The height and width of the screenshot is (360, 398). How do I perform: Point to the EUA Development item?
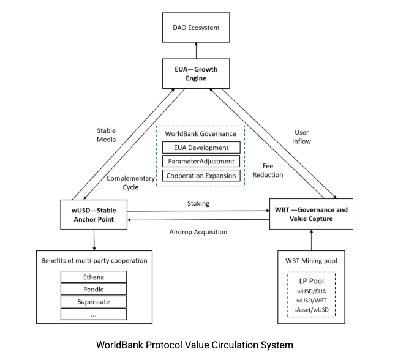[200, 148]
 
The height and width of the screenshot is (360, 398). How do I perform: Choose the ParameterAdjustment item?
[200, 161]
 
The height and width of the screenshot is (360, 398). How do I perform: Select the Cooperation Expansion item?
[200, 175]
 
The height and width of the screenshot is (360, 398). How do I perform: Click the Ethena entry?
[94, 277]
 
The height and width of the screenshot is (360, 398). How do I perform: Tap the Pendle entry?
[94, 289]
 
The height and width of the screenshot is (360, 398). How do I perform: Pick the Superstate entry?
[94, 302]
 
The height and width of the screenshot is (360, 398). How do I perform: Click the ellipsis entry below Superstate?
[94, 314]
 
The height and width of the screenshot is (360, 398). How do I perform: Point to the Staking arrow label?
[199, 203]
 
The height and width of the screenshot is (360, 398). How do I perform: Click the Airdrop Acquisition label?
[198, 232]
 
